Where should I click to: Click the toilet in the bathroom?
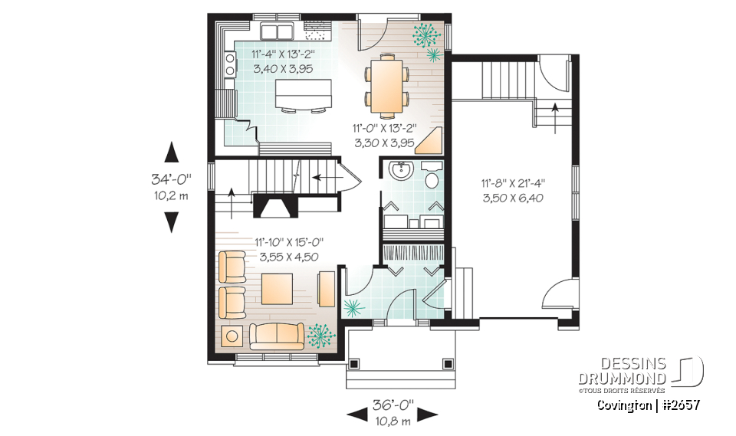432,179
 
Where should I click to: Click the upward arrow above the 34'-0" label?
171,151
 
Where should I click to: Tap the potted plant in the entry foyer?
353,309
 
